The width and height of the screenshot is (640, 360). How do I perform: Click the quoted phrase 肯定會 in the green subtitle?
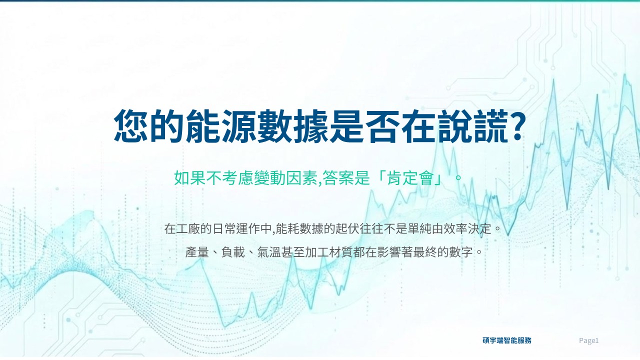coord(410,178)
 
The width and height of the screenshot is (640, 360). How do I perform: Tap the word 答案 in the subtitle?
coord(338,178)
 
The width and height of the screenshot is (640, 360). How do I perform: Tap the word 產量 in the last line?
coord(197,252)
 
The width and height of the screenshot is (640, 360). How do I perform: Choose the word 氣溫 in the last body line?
coord(269,252)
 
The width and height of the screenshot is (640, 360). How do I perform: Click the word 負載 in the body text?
coord(233,252)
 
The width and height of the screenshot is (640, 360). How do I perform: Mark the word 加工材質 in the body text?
coord(328,252)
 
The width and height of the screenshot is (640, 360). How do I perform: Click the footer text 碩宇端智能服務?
coord(507,340)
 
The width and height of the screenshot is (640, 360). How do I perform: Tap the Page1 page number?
coord(588,340)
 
